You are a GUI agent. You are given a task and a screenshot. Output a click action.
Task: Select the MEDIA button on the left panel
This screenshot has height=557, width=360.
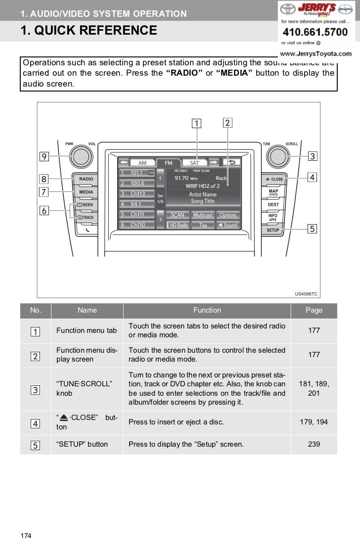(x=86, y=192)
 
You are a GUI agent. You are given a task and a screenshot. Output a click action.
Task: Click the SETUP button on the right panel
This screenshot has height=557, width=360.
(x=273, y=230)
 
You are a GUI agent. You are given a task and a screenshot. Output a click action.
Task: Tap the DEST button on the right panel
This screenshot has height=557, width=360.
(x=273, y=204)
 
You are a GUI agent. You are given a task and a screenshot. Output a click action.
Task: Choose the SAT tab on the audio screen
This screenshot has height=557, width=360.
(x=194, y=162)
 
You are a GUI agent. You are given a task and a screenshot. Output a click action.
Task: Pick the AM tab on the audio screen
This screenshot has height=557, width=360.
(x=142, y=162)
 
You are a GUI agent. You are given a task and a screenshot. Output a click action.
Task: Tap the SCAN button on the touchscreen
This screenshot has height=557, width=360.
(x=177, y=215)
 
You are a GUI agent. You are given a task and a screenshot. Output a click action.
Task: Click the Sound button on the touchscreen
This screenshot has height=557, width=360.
(x=227, y=225)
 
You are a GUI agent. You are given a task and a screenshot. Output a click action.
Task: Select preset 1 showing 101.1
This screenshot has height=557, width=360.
(x=136, y=173)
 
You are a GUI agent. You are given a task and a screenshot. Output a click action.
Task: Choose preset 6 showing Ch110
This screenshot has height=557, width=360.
(x=136, y=225)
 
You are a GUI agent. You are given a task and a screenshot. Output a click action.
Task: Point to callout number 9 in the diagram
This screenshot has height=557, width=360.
(x=44, y=156)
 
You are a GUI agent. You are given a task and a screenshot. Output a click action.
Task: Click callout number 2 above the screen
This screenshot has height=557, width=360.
(x=227, y=122)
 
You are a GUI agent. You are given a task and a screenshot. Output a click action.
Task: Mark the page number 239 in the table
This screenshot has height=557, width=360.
(x=314, y=444)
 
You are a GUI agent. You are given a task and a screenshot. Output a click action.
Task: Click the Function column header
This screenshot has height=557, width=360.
(x=207, y=310)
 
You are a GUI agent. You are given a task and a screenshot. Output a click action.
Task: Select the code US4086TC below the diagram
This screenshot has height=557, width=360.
(x=306, y=294)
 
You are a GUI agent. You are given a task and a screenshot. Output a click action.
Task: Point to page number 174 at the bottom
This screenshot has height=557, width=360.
(x=26, y=535)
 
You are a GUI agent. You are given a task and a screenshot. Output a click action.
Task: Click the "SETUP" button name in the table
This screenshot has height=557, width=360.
(x=82, y=444)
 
